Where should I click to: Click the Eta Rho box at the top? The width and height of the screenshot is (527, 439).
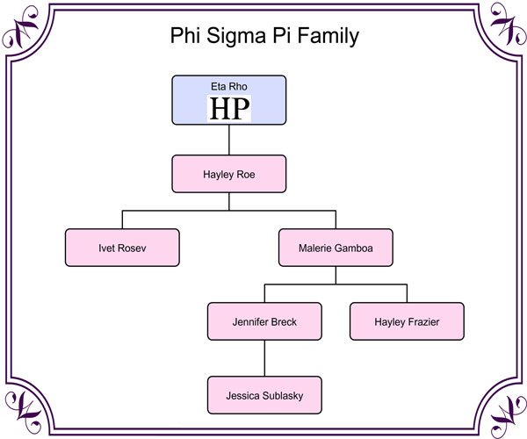coord(228,99)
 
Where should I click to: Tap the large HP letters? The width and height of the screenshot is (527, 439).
coord(228,108)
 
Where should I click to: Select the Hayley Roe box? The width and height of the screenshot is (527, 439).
coord(228,174)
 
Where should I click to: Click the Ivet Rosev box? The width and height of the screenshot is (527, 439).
coord(122,248)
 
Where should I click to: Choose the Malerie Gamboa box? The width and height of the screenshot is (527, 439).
coord(335,248)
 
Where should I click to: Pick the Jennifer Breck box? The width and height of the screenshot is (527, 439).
coord(264,321)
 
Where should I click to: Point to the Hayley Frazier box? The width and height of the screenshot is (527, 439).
coord(406,321)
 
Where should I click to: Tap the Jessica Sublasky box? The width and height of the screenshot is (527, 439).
coord(264,395)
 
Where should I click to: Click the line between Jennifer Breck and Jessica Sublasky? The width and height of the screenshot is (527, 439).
coord(264,358)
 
